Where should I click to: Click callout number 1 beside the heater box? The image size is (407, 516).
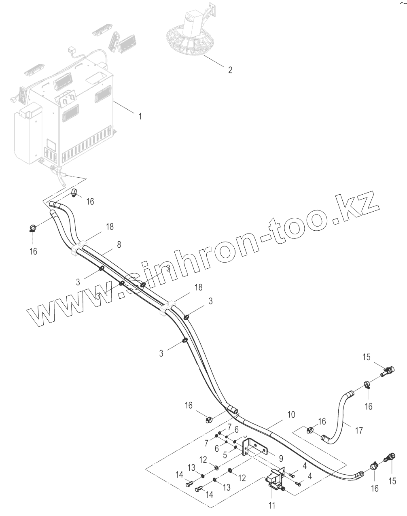coord(140,116)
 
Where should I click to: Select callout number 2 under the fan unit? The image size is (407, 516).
coord(230,70)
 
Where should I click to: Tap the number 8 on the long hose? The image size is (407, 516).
coord(119,244)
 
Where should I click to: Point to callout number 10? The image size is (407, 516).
coord(291,415)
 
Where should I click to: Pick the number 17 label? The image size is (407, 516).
coord(359,431)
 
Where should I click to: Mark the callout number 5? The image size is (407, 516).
coord(225,454)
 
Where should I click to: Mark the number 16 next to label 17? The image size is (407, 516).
coord(322,422)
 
